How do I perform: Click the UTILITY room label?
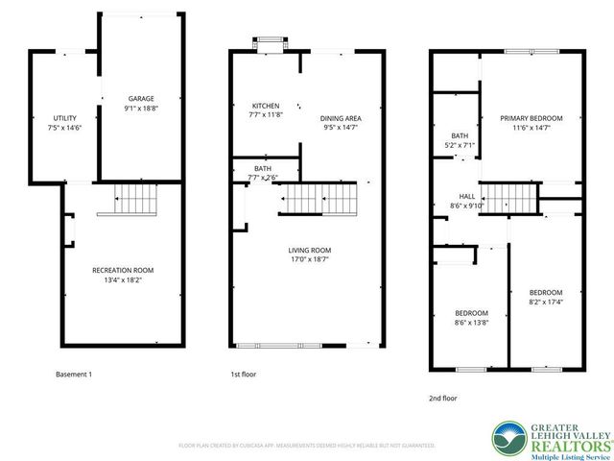click(x=64, y=117)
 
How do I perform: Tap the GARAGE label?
click(x=141, y=98)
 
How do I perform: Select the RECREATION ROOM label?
click(x=123, y=270)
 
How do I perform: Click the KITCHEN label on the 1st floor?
click(x=265, y=106)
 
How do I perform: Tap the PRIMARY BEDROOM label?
click(x=531, y=117)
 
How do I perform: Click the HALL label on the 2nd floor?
click(x=467, y=195)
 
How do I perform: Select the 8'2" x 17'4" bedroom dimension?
click(x=545, y=302)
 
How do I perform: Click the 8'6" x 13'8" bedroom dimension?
click(x=471, y=323)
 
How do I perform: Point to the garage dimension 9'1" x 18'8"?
click(x=141, y=108)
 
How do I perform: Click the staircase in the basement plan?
click(x=135, y=201)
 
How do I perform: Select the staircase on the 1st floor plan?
click(x=318, y=200)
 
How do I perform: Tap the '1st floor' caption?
click(x=244, y=374)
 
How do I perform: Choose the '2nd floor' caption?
click(x=443, y=396)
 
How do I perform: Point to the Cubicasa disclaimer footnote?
click(x=307, y=446)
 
